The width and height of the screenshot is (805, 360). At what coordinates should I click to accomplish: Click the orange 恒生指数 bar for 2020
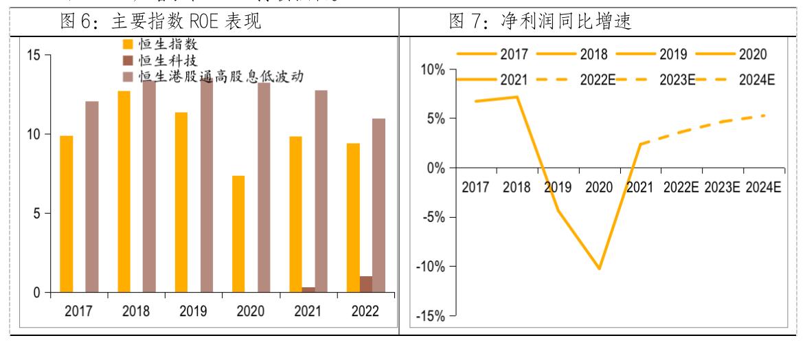tap(238, 234)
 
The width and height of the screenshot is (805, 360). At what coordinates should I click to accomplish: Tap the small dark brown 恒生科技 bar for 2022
tap(366, 284)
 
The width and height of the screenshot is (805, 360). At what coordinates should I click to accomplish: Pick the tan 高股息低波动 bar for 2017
tap(92, 196)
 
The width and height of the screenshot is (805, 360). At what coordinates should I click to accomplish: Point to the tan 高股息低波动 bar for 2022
tap(378, 205)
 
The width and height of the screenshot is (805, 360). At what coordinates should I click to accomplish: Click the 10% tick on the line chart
tap(432, 70)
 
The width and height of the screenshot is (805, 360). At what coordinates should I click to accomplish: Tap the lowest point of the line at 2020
tap(599, 269)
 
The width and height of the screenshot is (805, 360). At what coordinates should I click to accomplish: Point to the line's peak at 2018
tap(517, 97)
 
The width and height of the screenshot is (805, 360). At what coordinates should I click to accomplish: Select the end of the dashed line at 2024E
tap(765, 115)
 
